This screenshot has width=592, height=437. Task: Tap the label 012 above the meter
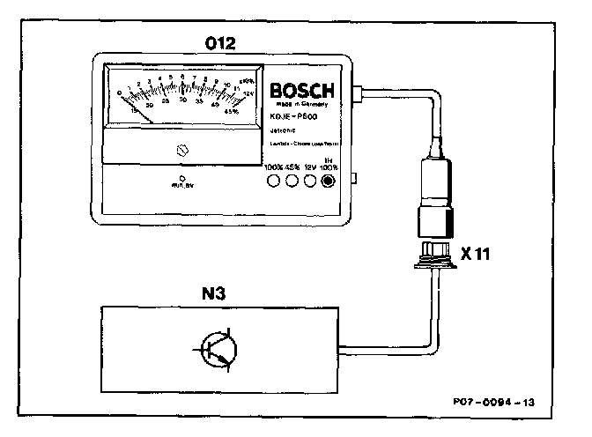coord(221,42)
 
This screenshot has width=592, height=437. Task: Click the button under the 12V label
coord(310,181)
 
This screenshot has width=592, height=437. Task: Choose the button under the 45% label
coord(292,181)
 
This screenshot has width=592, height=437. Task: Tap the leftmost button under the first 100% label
coord(274,181)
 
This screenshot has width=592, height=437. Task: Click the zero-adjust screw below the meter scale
coord(182,151)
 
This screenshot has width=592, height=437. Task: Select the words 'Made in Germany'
coord(302,104)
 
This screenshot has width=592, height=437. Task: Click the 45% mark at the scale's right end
coord(232,111)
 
